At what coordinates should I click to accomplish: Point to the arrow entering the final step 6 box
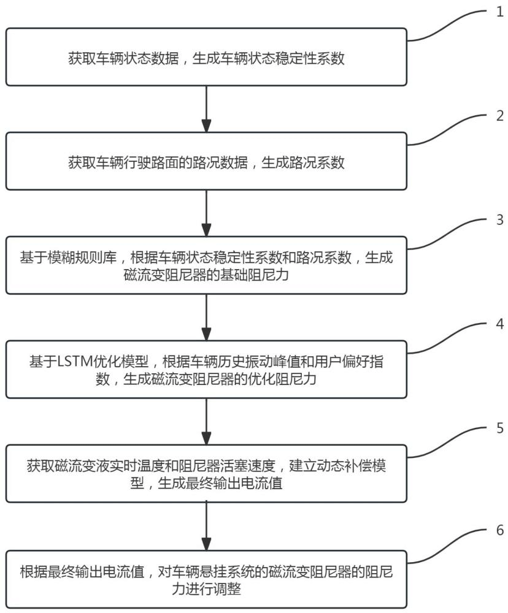coord(207,525)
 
